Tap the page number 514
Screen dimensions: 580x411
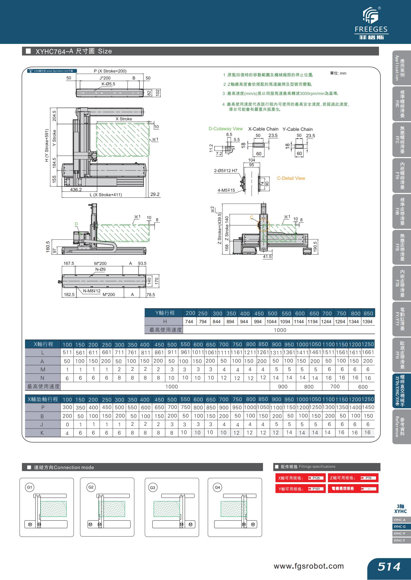389,566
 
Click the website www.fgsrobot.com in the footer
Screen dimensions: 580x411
309,566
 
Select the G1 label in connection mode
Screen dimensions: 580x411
29,487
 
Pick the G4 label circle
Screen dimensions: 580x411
217,487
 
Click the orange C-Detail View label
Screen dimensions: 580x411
291,178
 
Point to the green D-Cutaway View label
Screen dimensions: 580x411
225,129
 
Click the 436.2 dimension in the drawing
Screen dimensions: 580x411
76,190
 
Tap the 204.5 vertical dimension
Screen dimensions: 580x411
54,116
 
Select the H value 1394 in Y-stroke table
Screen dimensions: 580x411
367,322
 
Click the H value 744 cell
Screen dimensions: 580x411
189,322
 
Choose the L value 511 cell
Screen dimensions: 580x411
67,352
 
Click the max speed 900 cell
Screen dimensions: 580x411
283,387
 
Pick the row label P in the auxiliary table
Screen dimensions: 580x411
43,407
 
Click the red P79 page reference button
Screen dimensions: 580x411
368,478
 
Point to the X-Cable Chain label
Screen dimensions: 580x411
263,129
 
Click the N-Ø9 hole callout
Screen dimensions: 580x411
100,269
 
